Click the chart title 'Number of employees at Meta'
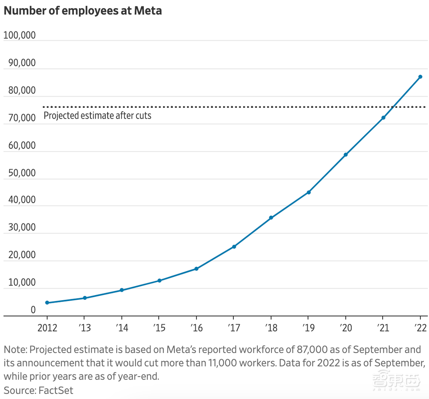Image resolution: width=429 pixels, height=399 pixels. coord(83,11)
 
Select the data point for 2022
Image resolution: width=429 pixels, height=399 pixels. coord(420,77)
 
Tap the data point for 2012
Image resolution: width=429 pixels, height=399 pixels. coord(47,303)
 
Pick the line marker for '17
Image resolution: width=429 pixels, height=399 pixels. coord(234,247)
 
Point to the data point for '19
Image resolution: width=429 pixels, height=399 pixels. coord(308,192)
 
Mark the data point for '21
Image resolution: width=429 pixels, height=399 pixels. coord(383,118)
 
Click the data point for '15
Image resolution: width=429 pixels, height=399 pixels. coord(159,280)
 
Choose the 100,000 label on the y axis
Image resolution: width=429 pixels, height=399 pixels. coord(19,36)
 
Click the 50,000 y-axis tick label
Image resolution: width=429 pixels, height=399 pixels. coord(19,173)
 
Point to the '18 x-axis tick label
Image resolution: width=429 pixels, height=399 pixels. coord(271,328)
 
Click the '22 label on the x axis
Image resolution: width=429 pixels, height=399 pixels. coord(420,328)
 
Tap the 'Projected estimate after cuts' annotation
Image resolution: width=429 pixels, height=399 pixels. coord(97,116)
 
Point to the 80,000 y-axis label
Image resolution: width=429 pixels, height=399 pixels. coord(19,91)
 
